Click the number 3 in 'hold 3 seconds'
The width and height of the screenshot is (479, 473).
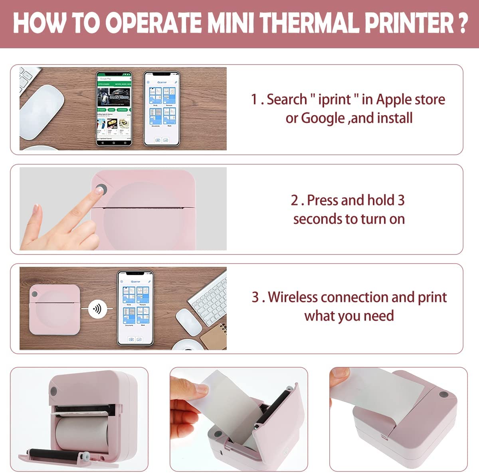(x=401, y=200)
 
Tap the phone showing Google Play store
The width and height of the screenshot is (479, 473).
(x=114, y=108)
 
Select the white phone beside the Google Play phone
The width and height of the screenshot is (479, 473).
(x=161, y=108)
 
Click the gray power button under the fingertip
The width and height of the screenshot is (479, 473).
(x=102, y=189)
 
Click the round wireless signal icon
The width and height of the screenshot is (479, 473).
(x=97, y=309)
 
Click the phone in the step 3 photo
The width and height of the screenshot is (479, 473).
(x=135, y=308)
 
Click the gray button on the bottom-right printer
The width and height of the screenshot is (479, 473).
(x=442, y=395)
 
